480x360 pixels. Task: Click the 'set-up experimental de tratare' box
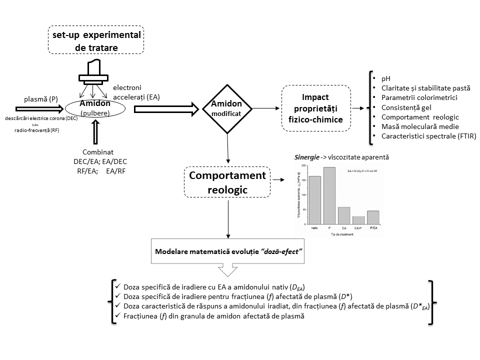point(95,40)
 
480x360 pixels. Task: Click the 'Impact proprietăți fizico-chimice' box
point(315,108)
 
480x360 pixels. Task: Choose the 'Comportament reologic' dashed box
point(227,181)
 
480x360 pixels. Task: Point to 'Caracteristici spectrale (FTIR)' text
point(427,136)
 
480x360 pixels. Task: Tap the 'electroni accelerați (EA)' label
point(136,92)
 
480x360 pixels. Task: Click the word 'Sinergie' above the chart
point(307,157)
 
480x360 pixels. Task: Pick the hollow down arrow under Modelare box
point(228,270)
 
